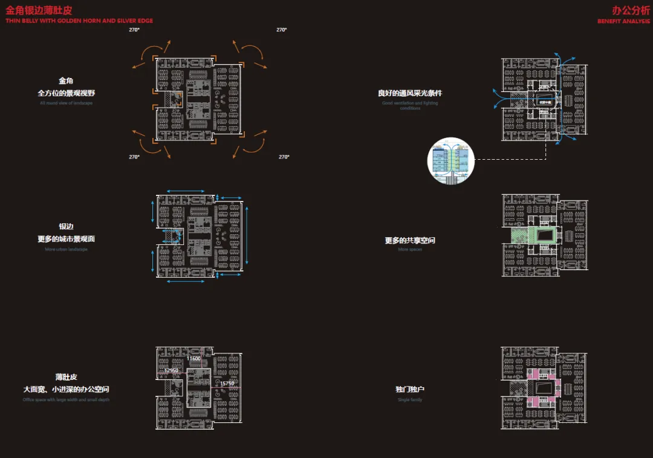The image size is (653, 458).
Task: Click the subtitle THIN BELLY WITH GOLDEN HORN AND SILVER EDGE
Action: coord(79,21)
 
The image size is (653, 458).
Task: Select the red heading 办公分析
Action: coord(631,11)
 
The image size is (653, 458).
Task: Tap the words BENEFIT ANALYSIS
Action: coord(623,21)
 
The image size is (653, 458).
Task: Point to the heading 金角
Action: coord(66,81)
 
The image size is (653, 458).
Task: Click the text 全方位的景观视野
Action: coord(66,93)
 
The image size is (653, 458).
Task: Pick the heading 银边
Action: coord(66,227)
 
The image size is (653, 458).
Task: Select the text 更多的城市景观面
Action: coord(66,239)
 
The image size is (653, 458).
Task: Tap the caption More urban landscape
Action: coord(66,249)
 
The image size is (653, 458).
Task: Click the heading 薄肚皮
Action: coord(66,377)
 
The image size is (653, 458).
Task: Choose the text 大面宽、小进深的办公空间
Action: coord(66,389)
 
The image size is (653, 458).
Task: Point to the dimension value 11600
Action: coord(193,359)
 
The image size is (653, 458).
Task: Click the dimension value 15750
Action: coord(227,384)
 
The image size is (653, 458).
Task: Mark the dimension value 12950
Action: coord(171,370)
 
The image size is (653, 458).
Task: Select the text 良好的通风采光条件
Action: coord(410,93)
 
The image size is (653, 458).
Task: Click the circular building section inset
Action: coord(450,160)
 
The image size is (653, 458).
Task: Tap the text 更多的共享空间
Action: coord(410,240)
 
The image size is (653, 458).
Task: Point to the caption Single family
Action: coord(410,400)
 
